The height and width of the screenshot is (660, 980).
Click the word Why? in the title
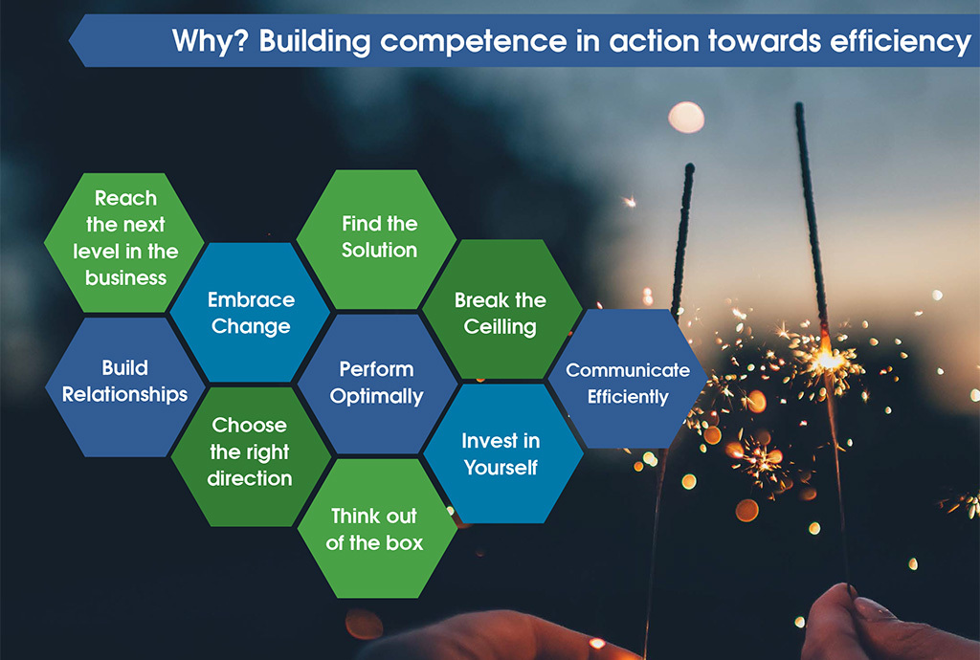click(x=211, y=41)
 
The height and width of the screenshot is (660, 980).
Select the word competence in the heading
click(x=473, y=42)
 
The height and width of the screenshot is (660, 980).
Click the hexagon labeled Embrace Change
click(x=250, y=312)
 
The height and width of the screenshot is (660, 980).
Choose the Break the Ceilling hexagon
click(x=502, y=309)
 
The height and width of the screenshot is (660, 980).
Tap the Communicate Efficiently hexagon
click(x=628, y=379)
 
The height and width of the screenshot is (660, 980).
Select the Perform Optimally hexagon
click(x=377, y=384)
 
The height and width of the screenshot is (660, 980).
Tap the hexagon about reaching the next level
click(x=124, y=242)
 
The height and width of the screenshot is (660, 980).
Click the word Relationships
click(x=125, y=395)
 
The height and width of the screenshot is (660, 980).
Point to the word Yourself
click(x=501, y=468)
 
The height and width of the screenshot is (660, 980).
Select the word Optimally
click(x=376, y=397)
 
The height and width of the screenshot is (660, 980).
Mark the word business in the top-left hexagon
click(x=125, y=277)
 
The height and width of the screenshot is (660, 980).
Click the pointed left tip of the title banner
click(x=69, y=41)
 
